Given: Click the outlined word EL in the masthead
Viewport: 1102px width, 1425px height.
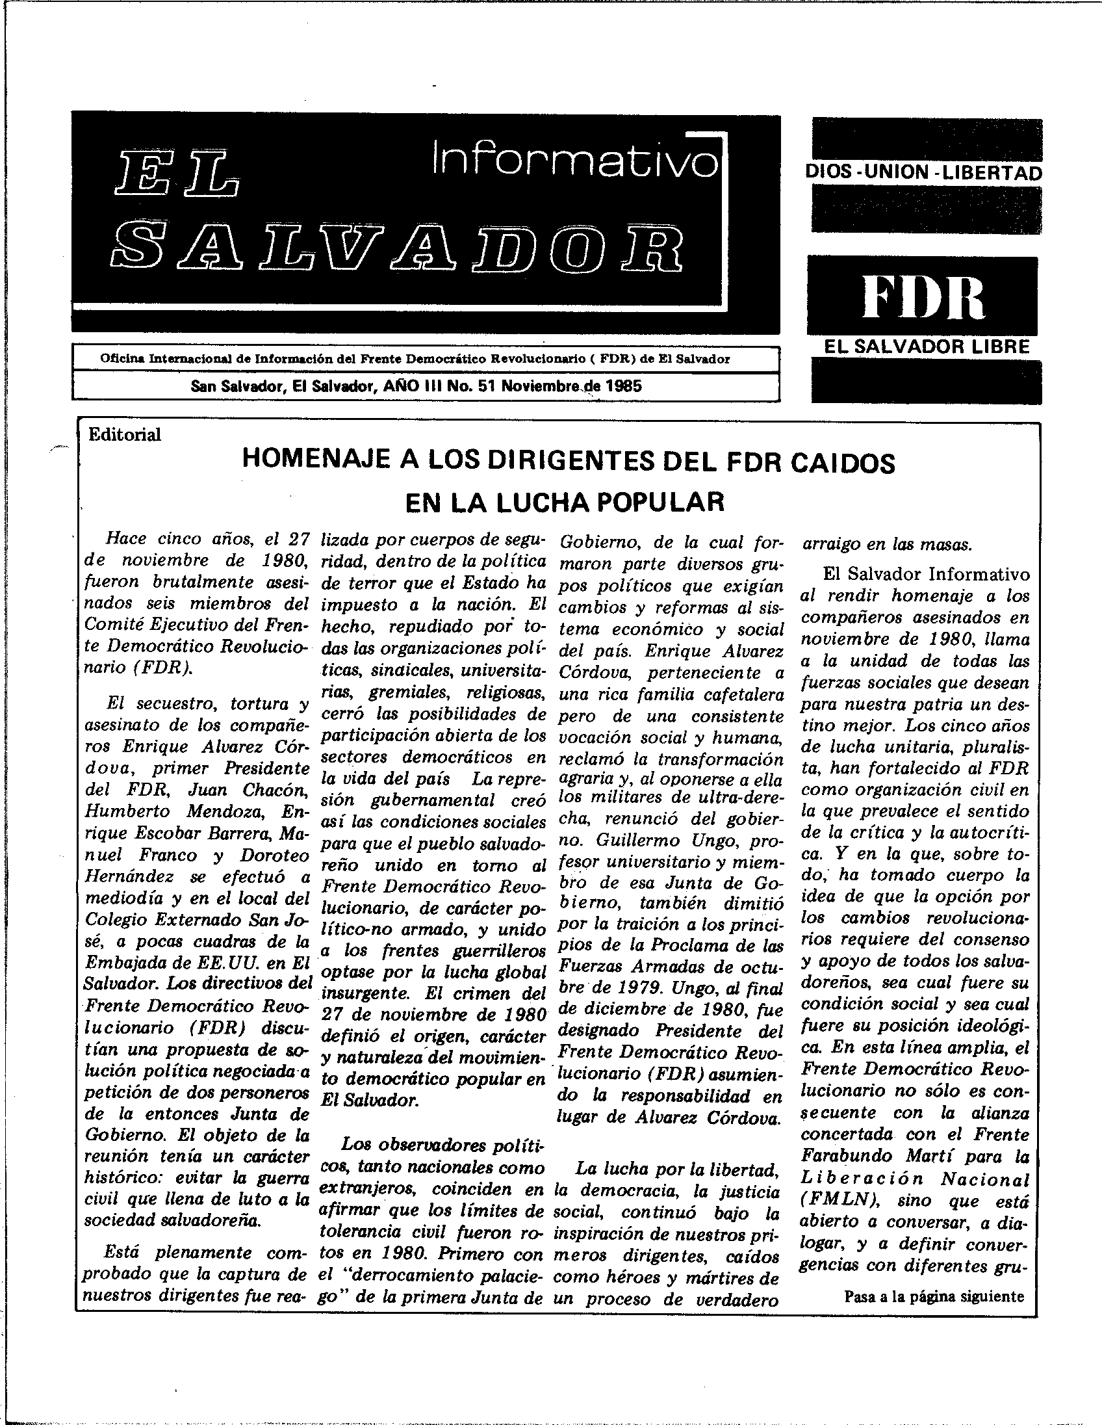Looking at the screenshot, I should (x=175, y=176).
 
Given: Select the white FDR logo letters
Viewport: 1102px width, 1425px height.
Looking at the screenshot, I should (x=923, y=297).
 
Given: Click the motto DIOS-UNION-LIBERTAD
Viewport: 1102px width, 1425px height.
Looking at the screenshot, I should (x=923, y=172).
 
